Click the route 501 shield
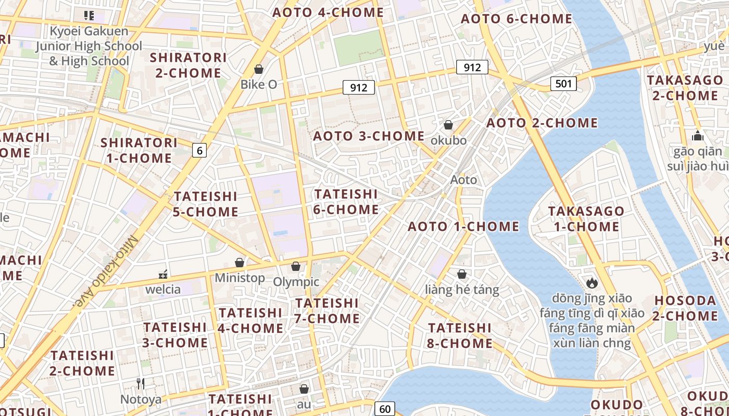click(563, 83)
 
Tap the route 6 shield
click(199, 151)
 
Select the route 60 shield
click(385, 409)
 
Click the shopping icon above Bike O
click(259, 69)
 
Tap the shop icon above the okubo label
click(448, 125)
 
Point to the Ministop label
click(240, 278)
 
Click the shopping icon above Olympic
click(296, 266)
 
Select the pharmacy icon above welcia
click(164, 274)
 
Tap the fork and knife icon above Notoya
click(141, 384)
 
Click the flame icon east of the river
click(592, 283)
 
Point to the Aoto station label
click(463, 180)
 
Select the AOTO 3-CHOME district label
click(369, 136)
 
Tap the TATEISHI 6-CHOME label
click(346, 202)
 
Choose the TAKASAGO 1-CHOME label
click(586, 219)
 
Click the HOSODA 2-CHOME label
click(686, 308)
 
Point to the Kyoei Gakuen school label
click(89, 46)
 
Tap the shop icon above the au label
click(304, 389)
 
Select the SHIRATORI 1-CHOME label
click(139, 150)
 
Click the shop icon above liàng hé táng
click(462, 274)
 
